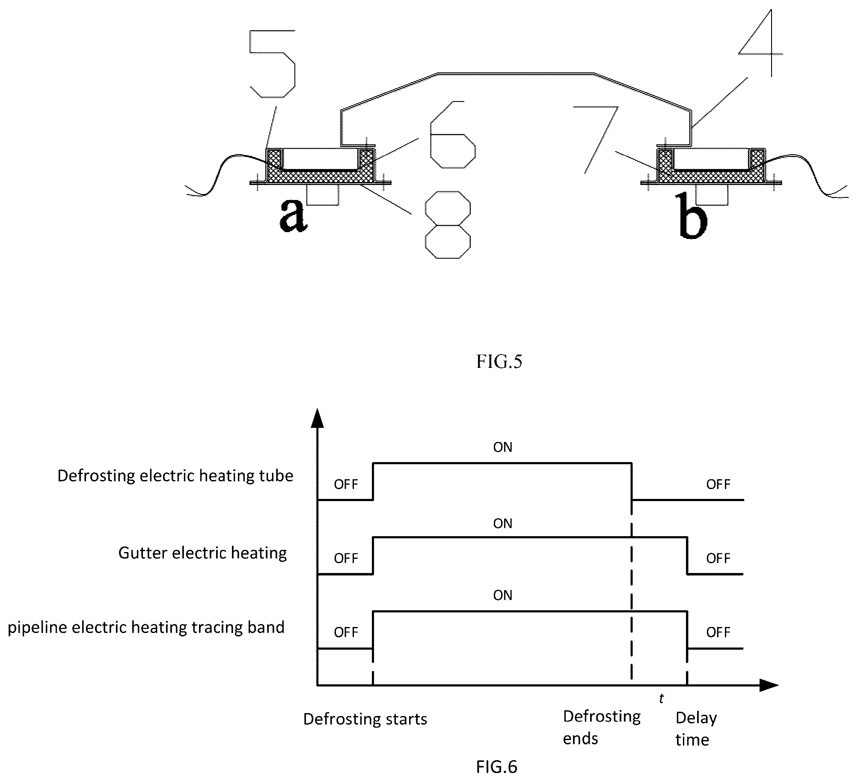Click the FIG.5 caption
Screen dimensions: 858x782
(x=499, y=362)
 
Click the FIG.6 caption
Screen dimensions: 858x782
(x=496, y=767)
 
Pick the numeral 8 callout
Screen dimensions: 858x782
(x=448, y=224)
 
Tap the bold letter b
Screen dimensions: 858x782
(x=693, y=215)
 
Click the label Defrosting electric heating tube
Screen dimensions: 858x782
(x=175, y=476)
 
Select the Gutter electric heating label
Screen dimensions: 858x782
(x=202, y=553)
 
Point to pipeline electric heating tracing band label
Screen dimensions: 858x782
(x=146, y=628)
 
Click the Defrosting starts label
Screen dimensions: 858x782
(x=365, y=719)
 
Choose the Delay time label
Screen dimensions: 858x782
(x=696, y=729)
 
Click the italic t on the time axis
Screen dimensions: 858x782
(x=661, y=698)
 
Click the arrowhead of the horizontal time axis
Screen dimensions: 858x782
(x=769, y=685)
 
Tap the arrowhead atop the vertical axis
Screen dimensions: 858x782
(x=317, y=418)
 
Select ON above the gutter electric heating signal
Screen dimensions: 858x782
(x=503, y=523)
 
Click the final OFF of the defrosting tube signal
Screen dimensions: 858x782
(x=718, y=484)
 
